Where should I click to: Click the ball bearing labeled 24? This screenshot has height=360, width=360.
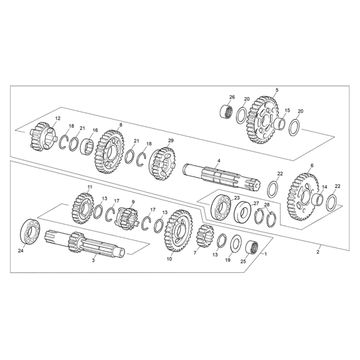[32, 232]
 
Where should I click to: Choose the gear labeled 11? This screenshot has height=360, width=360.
[83, 208]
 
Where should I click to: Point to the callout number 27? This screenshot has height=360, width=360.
[256, 204]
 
